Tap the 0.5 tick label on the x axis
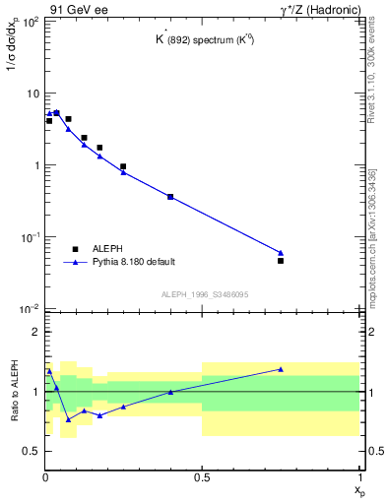coord(202,477)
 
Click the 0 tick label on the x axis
coord(45,477)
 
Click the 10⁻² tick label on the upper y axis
coord(31,309)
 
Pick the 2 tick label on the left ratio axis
coord(35,333)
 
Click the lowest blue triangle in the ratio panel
coord(69,419)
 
